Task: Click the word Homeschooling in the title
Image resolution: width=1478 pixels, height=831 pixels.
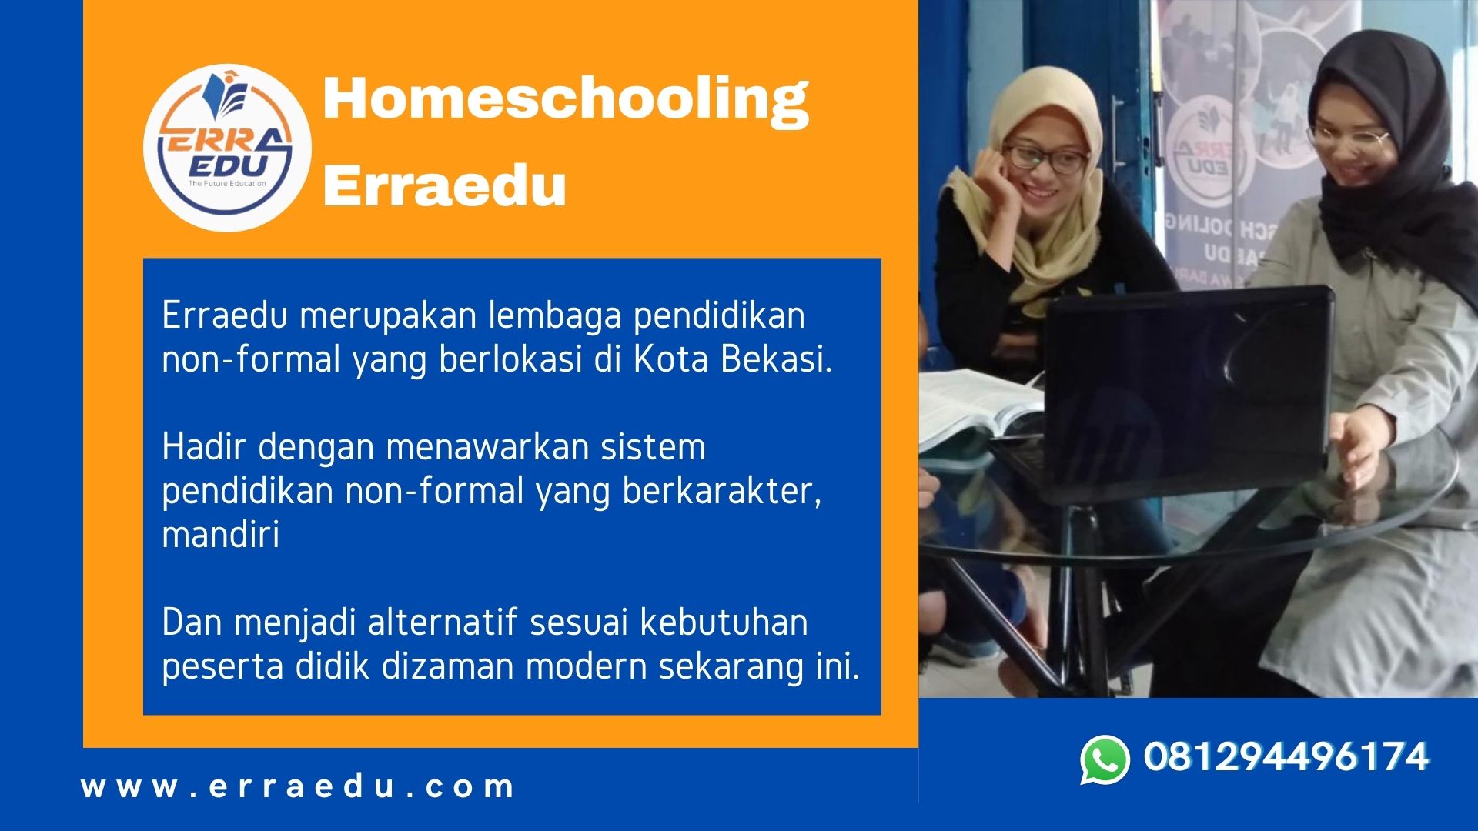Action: coord(566,100)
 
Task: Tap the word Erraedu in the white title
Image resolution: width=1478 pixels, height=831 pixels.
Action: coord(445,185)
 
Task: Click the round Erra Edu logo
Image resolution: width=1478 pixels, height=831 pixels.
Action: coord(227,148)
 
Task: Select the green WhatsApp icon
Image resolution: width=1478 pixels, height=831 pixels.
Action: coord(1105,759)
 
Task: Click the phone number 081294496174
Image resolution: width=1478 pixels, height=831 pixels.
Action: coord(1286,756)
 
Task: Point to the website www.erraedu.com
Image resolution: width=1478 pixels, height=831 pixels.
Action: coord(298,786)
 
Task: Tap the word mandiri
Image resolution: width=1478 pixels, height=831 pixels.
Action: coord(221,534)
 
